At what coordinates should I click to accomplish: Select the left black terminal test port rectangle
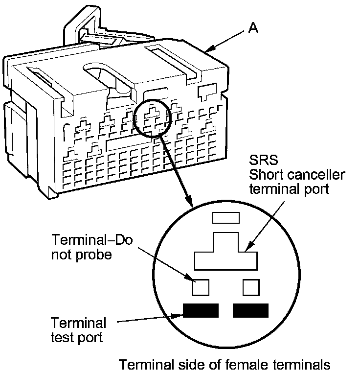click(x=200, y=311)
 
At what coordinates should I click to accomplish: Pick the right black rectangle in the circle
click(x=251, y=311)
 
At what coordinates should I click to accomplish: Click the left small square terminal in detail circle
click(x=200, y=287)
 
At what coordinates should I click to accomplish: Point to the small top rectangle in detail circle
click(x=225, y=217)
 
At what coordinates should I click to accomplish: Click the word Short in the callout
click(x=268, y=175)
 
